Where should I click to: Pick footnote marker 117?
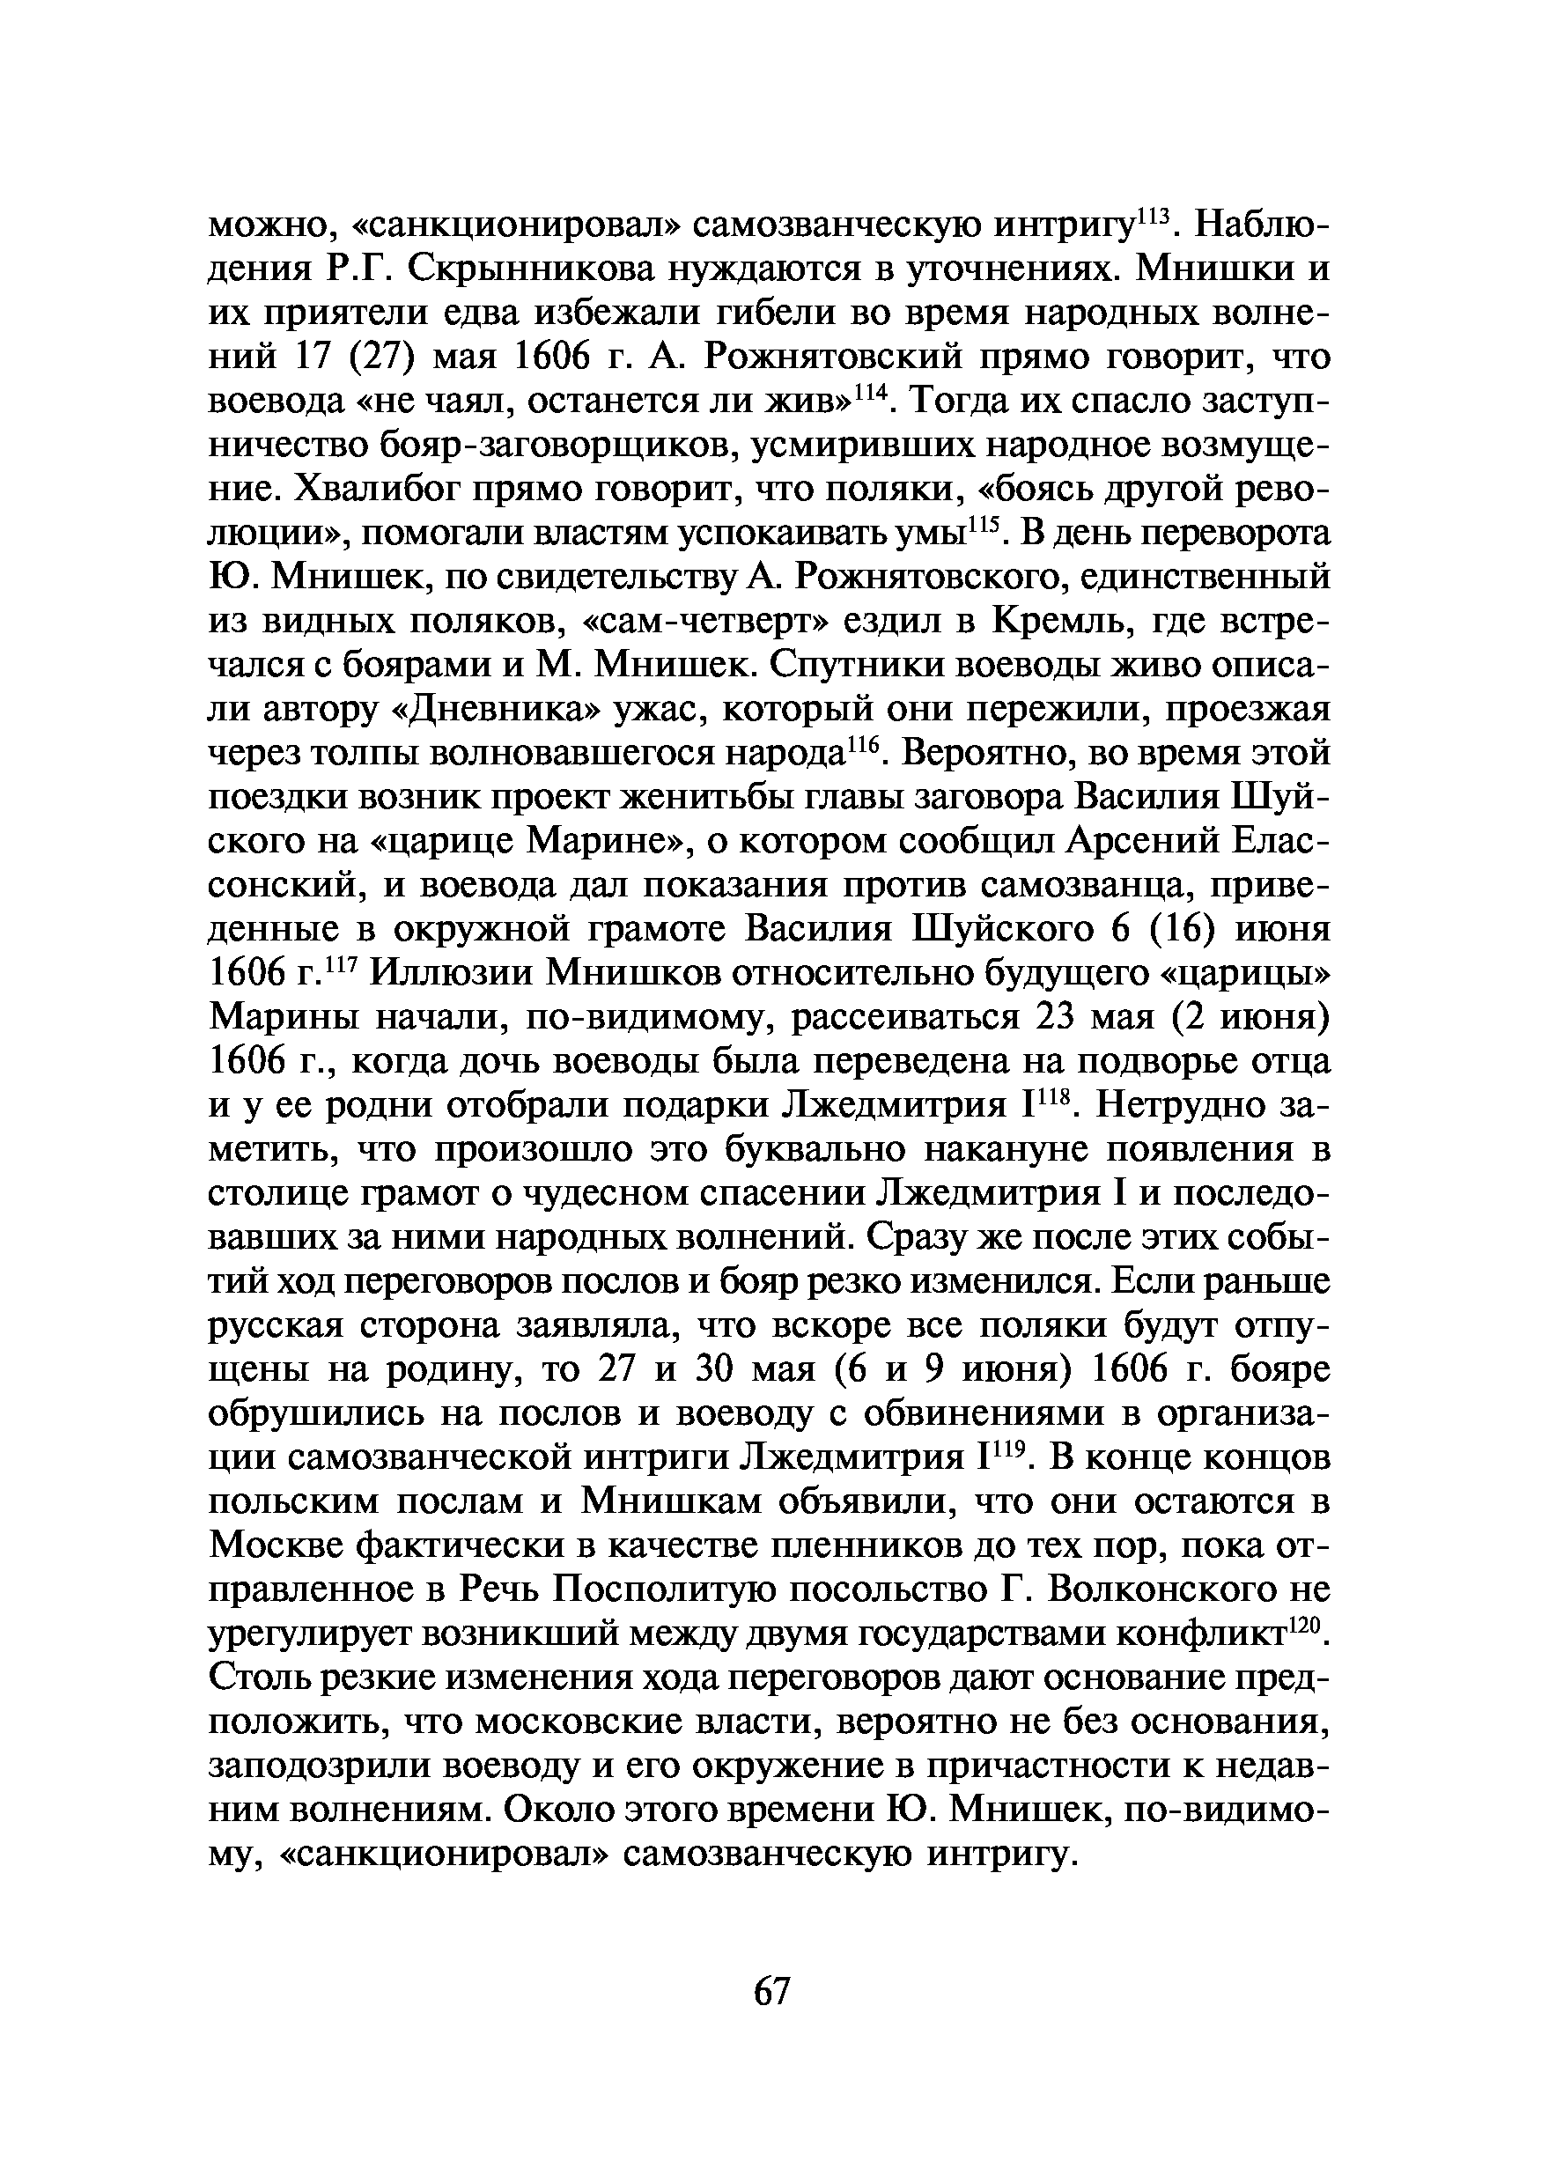coord(339,965)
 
